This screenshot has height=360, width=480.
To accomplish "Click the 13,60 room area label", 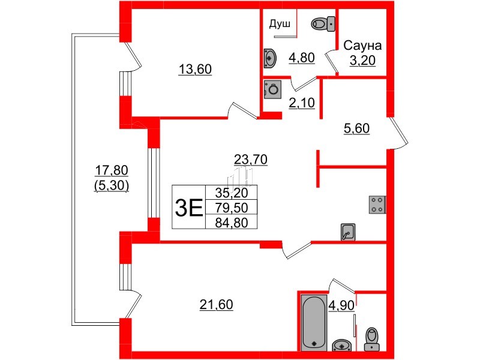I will tap(196, 69).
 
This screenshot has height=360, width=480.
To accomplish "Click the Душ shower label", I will tap(280, 25).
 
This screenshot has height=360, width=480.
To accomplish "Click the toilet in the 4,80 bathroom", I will tap(323, 24).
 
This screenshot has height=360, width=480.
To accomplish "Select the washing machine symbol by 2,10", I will tap(273, 89).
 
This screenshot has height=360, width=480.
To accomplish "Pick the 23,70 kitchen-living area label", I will tap(250, 159).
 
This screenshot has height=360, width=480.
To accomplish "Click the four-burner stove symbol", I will tap(377, 205).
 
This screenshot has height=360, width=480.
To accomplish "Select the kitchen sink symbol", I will tap(349, 232).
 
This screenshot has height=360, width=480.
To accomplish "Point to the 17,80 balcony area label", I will tap(112, 171).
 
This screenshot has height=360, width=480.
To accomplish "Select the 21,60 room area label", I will tap(216, 305).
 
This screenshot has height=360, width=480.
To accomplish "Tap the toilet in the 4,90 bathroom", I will tap(372, 338).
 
